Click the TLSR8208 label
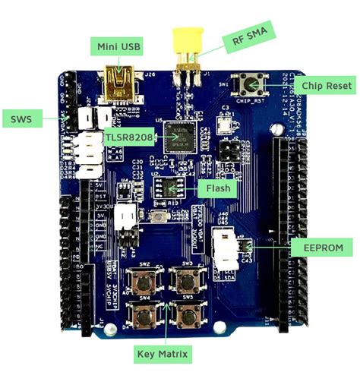tap(130, 137)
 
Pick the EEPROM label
tap(322, 247)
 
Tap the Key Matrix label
tap(163, 352)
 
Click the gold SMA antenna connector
tap(184, 47)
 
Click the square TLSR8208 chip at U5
tap(181, 140)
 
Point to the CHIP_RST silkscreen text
tap(245, 99)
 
